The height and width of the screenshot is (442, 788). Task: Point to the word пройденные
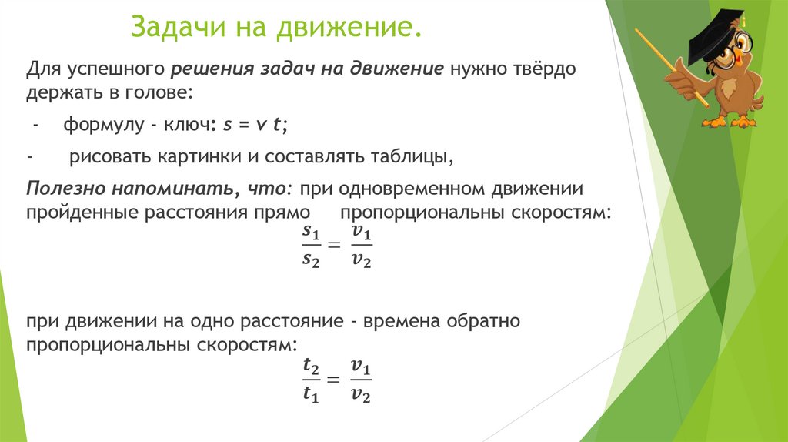coord(82,213)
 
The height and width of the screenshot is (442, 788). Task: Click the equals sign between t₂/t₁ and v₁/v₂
coord(333,380)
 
